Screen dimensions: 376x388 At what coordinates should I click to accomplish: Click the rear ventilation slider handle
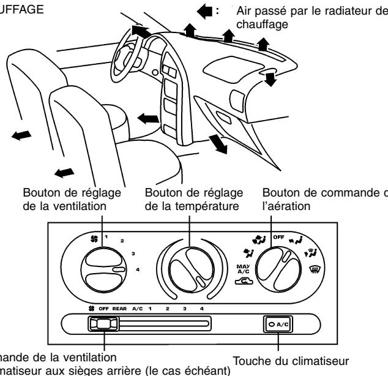102,324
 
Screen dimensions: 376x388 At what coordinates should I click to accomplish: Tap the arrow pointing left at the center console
147,116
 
